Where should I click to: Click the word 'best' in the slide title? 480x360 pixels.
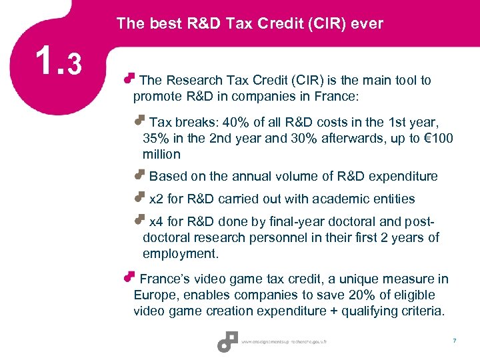click(x=159, y=24)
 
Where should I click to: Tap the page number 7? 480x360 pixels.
click(x=454, y=341)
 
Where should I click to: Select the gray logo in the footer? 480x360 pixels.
click(x=227, y=341)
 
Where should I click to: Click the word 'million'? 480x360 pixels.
click(x=161, y=154)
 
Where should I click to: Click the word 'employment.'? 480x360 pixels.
click(x=181, y=254)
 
